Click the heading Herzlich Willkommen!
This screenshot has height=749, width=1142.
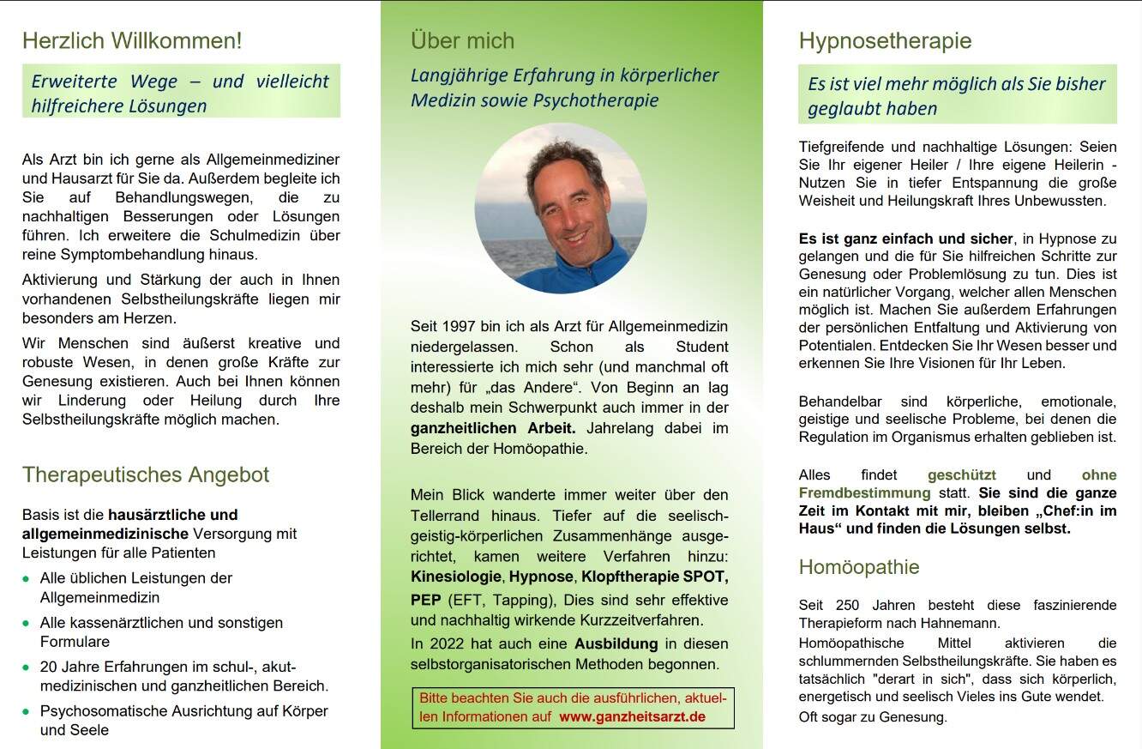click(132, 40)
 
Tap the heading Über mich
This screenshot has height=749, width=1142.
click(462, 40)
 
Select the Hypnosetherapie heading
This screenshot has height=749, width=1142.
click(885, 40)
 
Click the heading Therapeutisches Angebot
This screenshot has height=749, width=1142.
click(146, 474)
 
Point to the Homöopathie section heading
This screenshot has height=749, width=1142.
click(858, 567)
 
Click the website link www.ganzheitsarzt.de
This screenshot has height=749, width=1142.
click(632, 716)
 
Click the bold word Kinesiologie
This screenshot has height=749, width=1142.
click(456, 576)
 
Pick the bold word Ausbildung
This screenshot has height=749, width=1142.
click(616, 643)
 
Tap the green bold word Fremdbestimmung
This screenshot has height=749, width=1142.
click(864, 493)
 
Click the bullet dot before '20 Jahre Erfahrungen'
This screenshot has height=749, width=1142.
click(27, 667)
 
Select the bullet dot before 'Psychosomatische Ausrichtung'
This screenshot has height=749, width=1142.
click(27, 712)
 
